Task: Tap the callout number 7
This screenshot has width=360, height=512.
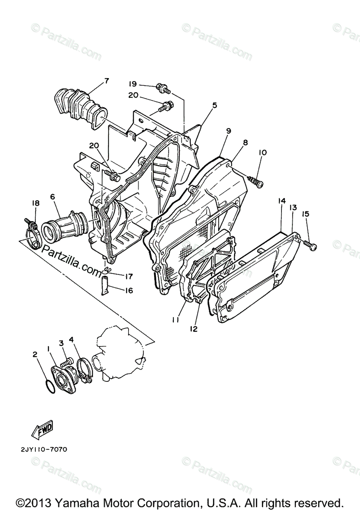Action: [106, 81]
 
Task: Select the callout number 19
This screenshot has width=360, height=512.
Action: [133, 84]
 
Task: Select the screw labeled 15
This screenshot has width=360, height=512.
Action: [311, 244]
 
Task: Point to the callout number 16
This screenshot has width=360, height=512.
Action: [129, 291]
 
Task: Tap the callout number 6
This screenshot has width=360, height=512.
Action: [52, 197]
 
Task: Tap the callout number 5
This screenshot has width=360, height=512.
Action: [214, 105]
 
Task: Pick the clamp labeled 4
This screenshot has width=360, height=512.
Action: [85, 366]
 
